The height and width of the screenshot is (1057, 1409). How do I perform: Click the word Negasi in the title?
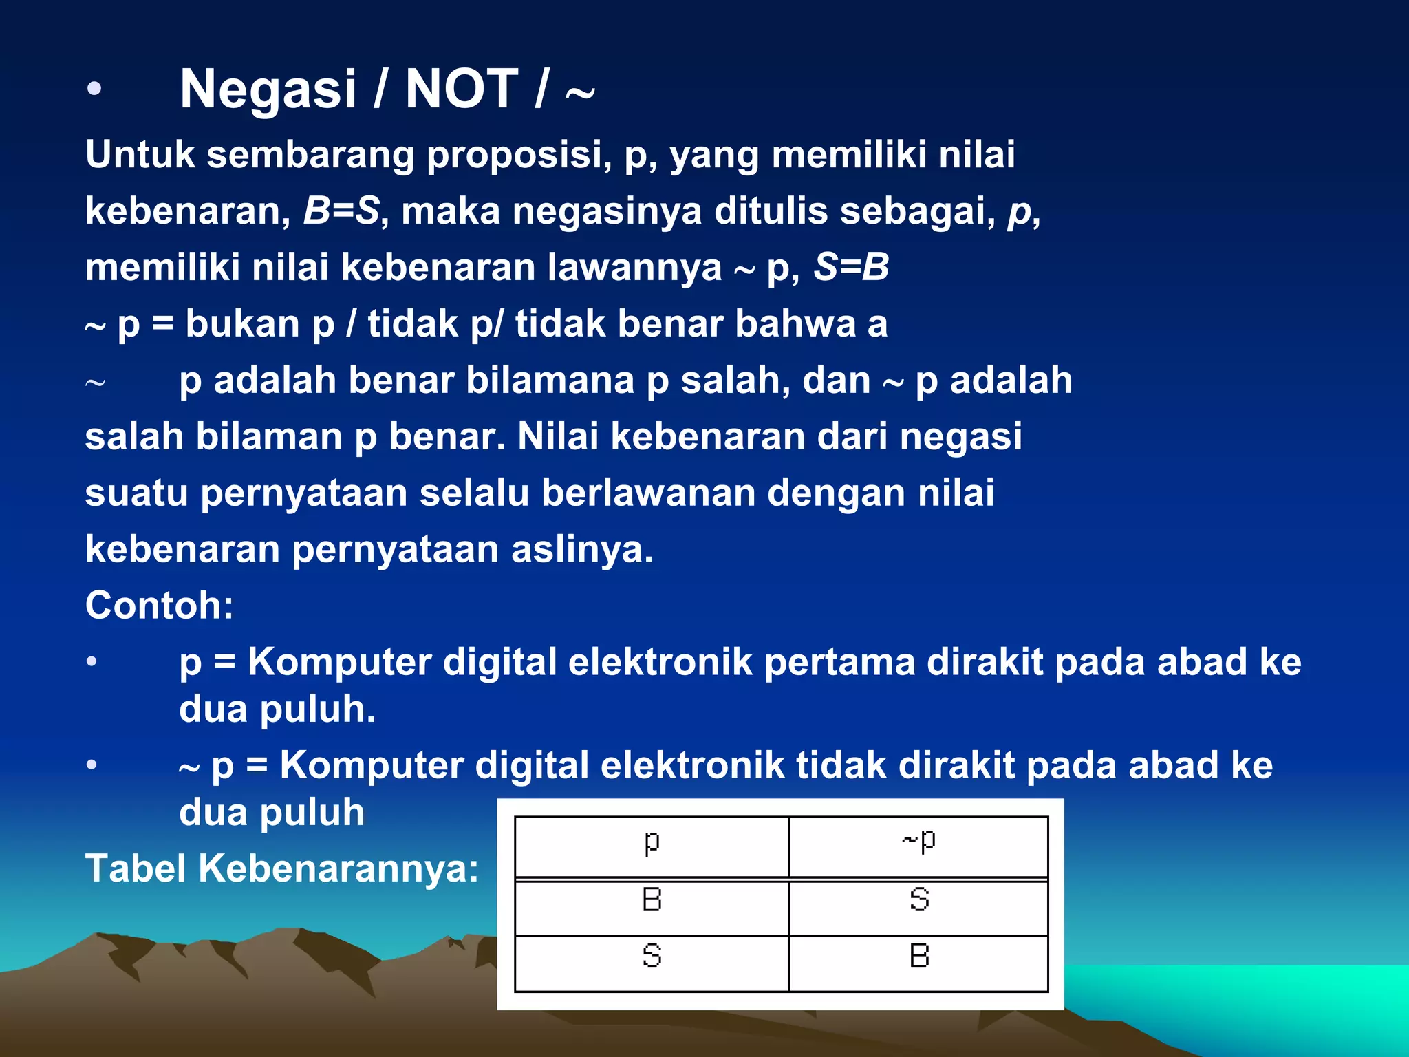coord(268,89)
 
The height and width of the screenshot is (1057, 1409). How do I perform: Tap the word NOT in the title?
coord(461,89)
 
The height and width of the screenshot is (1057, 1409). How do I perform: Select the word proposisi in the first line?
coord(519,154)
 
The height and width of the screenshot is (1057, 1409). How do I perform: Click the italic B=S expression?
coord(341,211)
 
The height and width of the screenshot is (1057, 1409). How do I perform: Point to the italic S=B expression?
coord(851,267)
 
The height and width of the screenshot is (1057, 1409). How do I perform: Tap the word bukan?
coord(242,323)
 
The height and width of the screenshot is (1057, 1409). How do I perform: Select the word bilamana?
coord(550,380)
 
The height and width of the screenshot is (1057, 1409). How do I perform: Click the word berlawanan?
coord(647,493)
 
